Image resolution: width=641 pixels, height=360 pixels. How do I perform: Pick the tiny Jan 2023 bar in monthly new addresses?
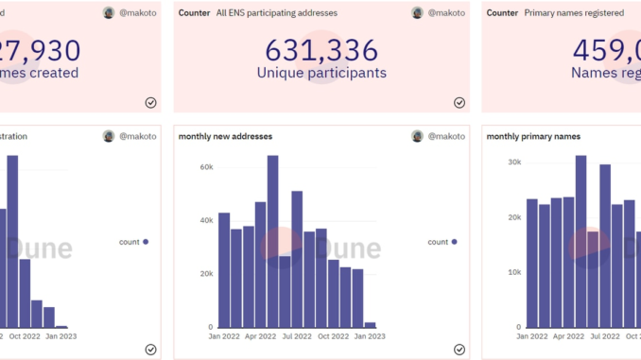[x=370, y=324]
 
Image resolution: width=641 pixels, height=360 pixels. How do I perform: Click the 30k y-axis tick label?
[x=514, y=162]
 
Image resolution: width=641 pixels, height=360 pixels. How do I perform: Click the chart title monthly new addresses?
[x=225, y=136]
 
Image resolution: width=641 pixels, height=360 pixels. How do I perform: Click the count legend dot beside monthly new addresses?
[x=454, y=242]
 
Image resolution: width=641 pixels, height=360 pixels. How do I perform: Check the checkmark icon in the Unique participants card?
[x=459, y=103]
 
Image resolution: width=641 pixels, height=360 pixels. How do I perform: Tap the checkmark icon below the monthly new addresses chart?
[x=459, y=349]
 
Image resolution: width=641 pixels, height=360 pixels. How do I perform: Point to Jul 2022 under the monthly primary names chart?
[x=607, y=335]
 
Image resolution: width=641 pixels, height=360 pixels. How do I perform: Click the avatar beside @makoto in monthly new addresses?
[x=417, y=136]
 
